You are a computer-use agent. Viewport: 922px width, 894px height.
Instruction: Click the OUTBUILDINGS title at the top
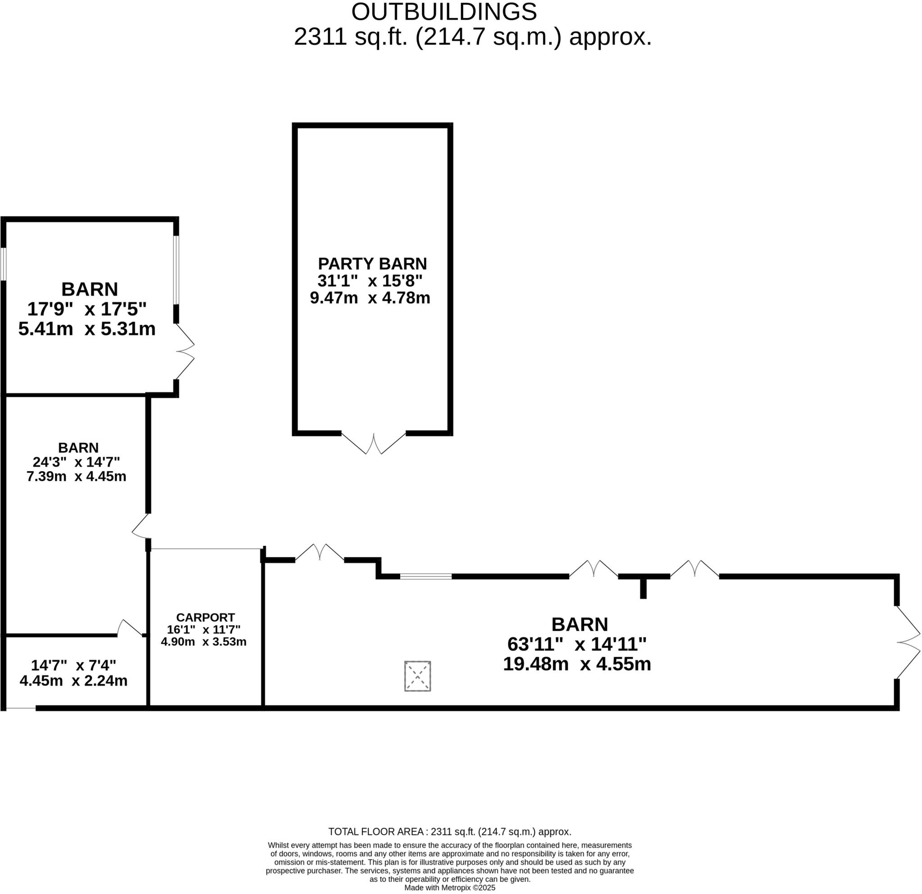[443, 12]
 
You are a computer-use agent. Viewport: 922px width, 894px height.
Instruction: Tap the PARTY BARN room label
[372, 263]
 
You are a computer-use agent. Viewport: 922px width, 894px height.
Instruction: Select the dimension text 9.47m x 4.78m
[370, 298]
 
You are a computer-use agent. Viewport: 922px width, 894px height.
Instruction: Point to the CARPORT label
[205, 618]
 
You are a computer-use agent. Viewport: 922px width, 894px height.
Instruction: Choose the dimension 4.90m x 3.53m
[203, 641]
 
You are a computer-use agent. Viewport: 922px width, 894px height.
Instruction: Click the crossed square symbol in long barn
[417, 676]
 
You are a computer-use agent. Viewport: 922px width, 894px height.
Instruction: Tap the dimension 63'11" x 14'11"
[577, 644]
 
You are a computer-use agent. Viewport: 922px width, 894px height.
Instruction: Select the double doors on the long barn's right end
[908, 642]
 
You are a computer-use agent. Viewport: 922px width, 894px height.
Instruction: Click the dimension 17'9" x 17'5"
[86, 309]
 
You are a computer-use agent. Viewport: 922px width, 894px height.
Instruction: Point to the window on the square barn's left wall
[3, 264]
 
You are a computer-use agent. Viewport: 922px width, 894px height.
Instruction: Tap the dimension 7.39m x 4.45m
[76, 476]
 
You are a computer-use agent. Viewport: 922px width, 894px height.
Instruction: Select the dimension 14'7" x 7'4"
[73, 665]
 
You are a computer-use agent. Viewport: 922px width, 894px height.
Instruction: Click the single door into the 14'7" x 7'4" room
[129, 628]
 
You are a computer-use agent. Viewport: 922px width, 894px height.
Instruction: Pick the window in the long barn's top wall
[426, 576]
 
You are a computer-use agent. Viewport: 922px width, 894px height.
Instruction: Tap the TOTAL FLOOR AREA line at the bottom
[450, 831]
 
